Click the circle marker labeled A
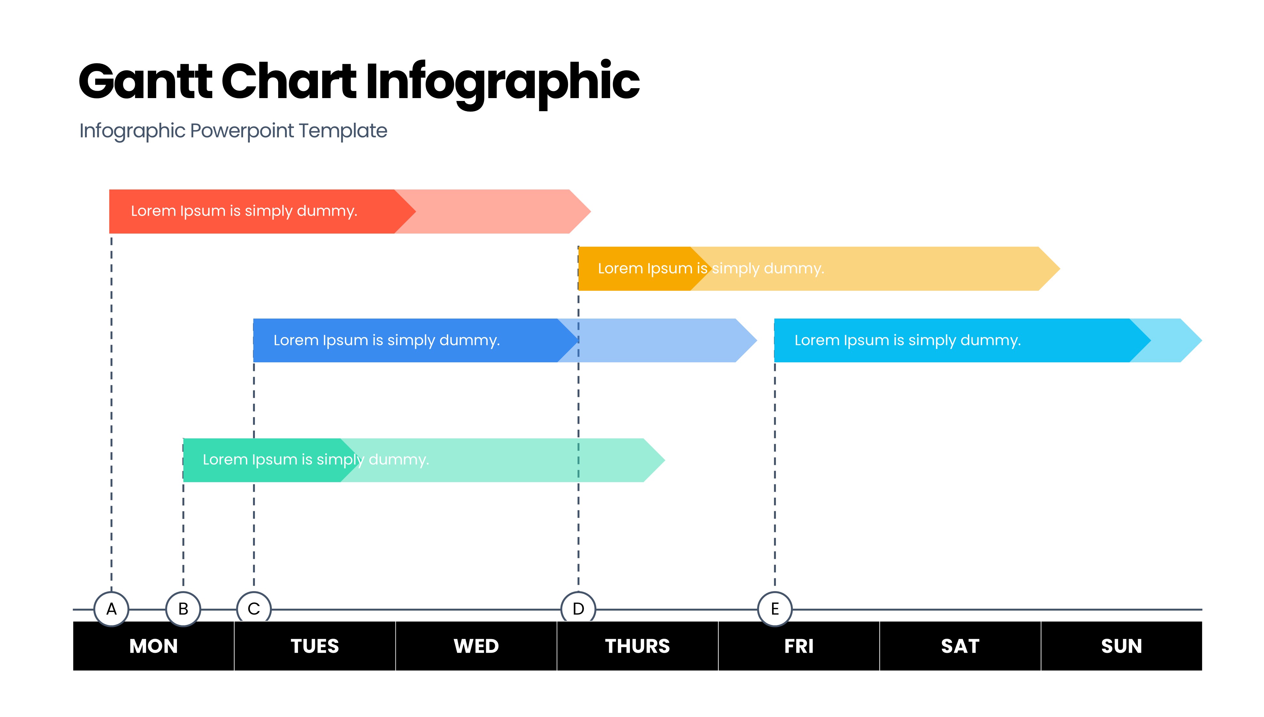[111, 609]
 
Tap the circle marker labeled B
[183, 609]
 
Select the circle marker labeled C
[254, 609]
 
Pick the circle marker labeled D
[578, 609]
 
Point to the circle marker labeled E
[775, 609]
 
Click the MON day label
[154, 646]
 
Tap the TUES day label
[315, 646]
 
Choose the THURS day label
[637, 646]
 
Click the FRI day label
[799, 646]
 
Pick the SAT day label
[960, 646]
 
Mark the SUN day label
[1121, 646]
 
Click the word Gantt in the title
[146, 81]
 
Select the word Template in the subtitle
[343, 131]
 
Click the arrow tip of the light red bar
[591, 211]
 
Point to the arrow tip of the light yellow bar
[1060, 268]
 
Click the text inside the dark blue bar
[387, 340]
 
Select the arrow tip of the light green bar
[665, 460]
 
